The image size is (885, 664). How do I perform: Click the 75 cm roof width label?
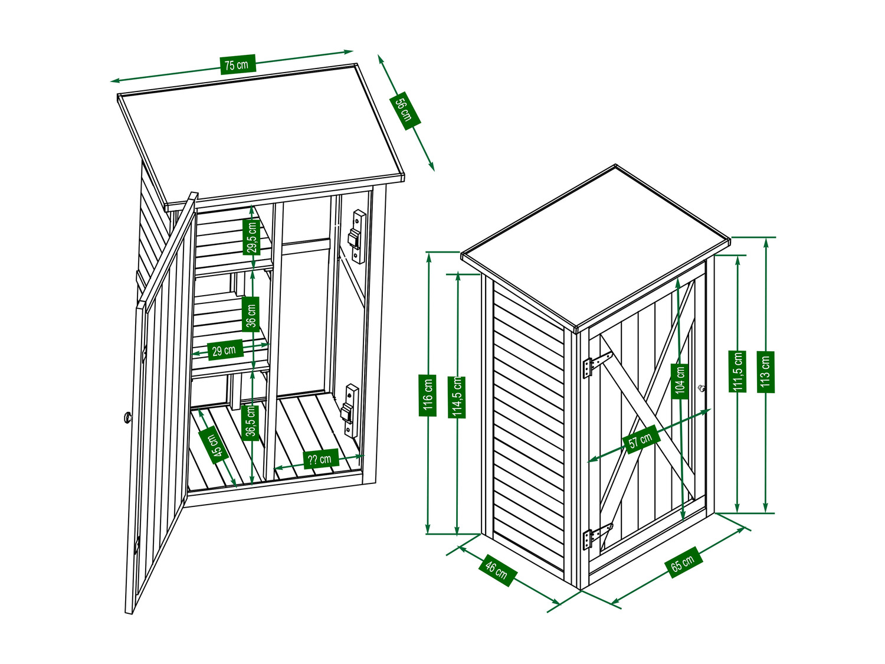(x=238, y=64)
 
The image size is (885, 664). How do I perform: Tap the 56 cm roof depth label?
(x=404, y=110)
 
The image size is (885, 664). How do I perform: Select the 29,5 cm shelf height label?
(x=251, y=237)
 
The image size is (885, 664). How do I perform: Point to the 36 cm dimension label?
(x=251, y=315)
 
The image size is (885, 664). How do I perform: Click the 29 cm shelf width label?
(x=225, y=350)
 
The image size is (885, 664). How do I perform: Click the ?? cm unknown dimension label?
(x=320, y=459)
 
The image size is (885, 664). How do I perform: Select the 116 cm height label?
(x=427, y=395)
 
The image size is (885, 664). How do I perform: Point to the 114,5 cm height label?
(x=457, y=397)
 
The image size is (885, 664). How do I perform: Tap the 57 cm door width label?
(x=641, y=440)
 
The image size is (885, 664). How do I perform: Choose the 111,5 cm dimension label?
(x=737, y=372)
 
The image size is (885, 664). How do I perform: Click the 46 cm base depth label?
(x=497, y=569)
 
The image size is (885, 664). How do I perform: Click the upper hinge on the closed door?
(x=597, y=364)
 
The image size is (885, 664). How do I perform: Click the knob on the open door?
(x=128, y=418)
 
